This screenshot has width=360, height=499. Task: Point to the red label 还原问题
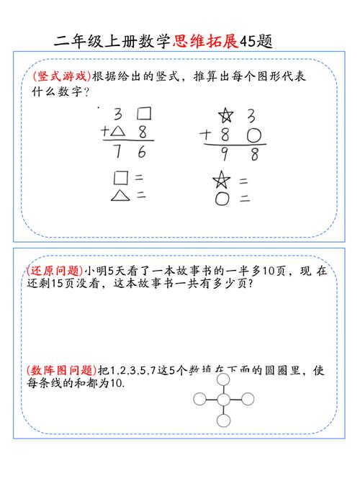[54, 271]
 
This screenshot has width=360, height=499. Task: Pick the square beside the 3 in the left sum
[144, 113]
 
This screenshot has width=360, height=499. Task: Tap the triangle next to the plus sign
[118, 131]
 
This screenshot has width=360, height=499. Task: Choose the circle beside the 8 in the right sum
[253, 135]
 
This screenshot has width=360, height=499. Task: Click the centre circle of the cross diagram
[223, 400]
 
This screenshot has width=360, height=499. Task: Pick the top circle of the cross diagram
[223, 379]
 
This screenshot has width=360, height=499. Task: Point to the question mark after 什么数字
[87, 92]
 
